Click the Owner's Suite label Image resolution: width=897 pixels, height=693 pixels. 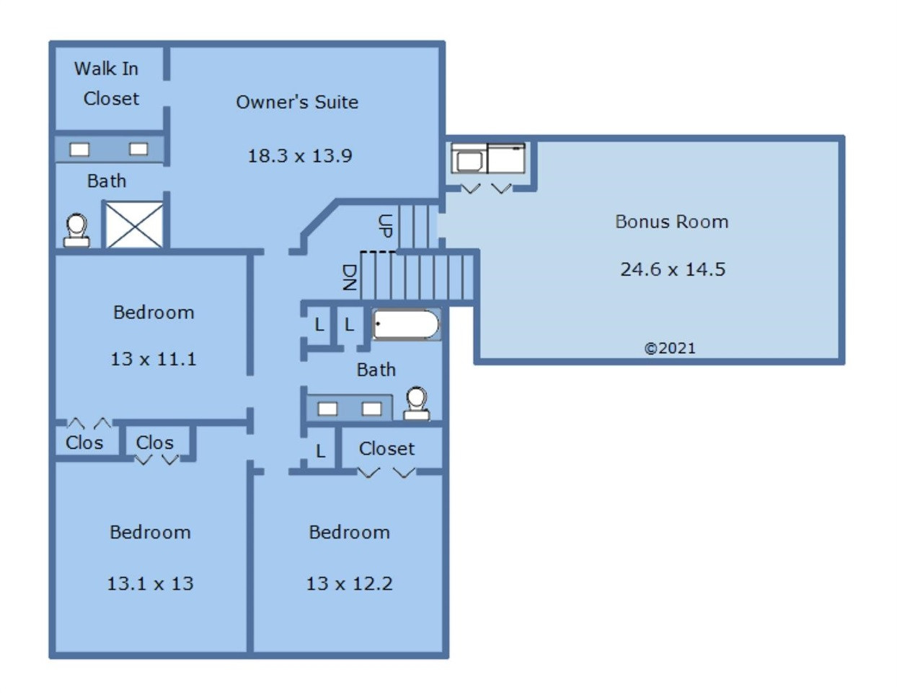297,102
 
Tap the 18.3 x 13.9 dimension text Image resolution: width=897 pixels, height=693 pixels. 300,156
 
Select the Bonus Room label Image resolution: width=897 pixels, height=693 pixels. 671,222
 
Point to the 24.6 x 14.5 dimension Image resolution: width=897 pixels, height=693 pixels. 673,269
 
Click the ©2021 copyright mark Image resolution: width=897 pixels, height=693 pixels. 670,348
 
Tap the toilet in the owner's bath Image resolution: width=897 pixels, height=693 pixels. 76,230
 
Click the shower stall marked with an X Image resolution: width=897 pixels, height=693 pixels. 135,225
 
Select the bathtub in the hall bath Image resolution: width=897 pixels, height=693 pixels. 406,324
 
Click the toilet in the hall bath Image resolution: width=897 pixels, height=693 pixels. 416,404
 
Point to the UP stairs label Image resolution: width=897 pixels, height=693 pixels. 385,226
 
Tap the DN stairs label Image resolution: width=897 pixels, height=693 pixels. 350,277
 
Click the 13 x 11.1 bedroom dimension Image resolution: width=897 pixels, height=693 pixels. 154,359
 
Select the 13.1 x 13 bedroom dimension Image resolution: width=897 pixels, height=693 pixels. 150,583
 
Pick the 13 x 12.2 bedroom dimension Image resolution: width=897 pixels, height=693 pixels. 349,583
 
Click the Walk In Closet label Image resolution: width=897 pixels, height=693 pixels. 107,84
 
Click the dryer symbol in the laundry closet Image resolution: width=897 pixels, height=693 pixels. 506,158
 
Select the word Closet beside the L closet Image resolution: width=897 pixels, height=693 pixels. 386,449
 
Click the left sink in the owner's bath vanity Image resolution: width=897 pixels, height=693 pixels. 79,149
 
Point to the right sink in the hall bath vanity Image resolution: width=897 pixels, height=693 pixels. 371,409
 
